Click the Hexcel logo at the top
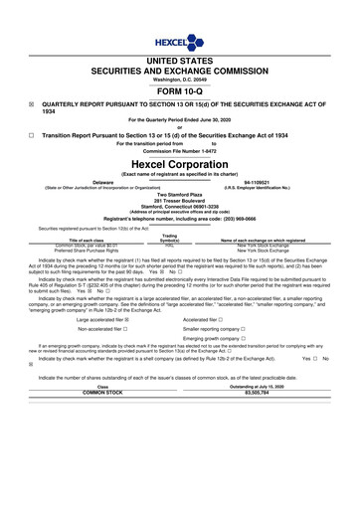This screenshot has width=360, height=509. pos(180,43)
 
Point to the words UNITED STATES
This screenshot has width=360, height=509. pos(180,62)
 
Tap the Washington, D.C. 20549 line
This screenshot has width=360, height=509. pos(180,82)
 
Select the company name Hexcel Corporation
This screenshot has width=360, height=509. pos(180,163)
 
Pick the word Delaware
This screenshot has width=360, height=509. pos(102,182)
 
